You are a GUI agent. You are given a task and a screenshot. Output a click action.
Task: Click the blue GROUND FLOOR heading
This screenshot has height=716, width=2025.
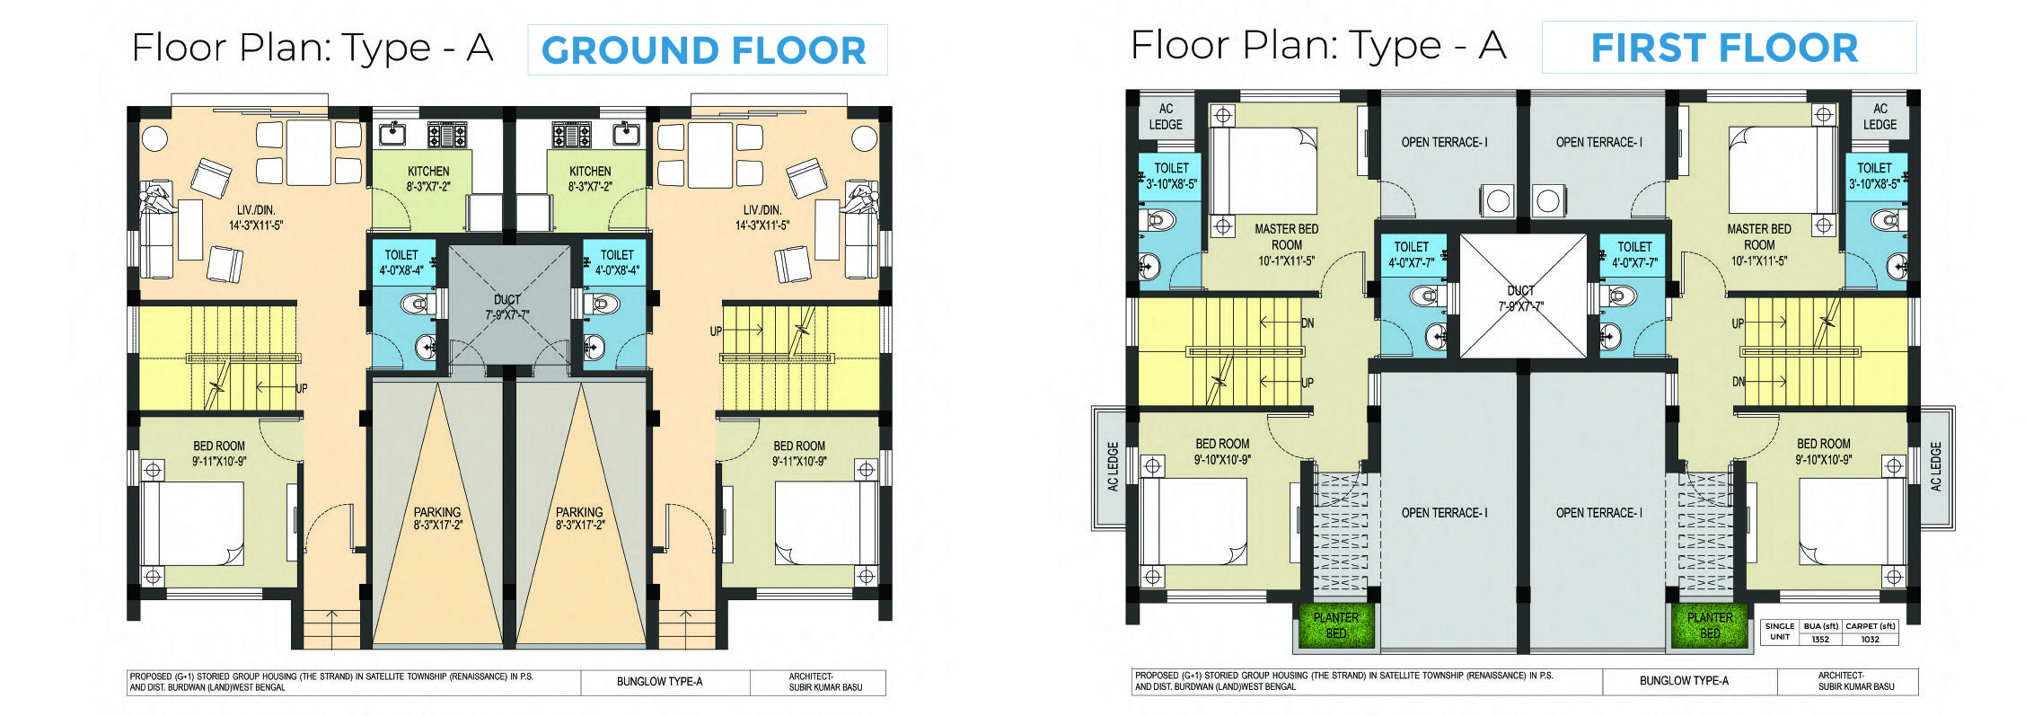(704, 50)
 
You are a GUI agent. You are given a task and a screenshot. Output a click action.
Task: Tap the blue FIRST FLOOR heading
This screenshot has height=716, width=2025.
(1724, 49)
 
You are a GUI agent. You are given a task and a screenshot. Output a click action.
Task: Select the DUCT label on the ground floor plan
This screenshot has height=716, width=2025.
(507, 300)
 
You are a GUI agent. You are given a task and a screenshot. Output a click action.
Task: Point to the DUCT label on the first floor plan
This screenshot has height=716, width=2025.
(1520, 291)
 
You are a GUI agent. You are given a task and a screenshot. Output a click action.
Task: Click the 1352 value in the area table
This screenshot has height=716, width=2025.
(1820, 640)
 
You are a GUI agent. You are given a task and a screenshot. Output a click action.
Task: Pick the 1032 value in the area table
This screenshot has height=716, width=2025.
(1870, 640)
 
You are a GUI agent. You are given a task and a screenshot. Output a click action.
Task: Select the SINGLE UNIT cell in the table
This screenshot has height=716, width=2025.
(1780, 632)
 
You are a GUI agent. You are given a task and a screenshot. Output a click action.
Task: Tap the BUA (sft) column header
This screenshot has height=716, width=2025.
(1821, 626)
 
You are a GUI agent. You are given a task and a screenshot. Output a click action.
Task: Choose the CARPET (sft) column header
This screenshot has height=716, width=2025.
(1871, 626)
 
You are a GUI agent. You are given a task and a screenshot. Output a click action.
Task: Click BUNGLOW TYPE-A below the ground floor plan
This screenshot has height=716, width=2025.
(660, 682)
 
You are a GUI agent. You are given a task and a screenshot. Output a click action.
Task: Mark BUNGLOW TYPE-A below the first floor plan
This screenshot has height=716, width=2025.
(1684, 681)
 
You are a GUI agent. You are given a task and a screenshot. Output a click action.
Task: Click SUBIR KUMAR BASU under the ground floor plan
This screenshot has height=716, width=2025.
(825, 687)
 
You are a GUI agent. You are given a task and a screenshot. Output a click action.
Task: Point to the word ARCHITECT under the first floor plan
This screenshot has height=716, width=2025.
(1840, 676)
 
